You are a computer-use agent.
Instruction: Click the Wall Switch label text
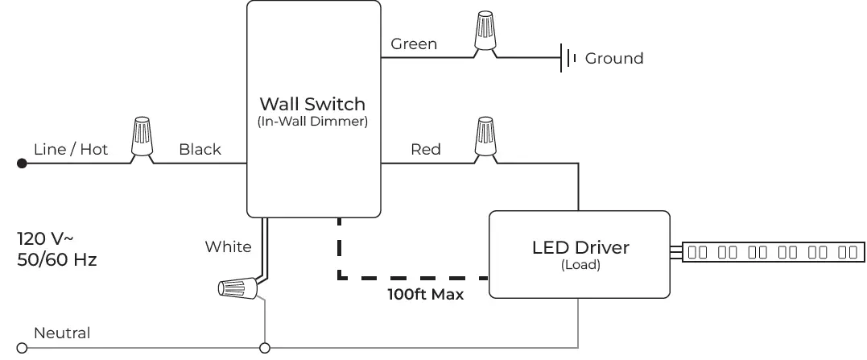coord(312,104)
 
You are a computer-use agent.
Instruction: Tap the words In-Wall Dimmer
coord(312,122)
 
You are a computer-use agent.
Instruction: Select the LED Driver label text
coord(580,247)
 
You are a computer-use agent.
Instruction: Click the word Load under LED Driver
coord(580,263)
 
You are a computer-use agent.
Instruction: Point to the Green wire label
coord(414,43)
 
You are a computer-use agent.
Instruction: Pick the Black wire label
coord(200,149)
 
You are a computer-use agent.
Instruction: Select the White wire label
coord(228,246)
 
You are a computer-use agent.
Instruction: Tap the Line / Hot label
coord(71,149)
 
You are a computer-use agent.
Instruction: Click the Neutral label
coord(61,333)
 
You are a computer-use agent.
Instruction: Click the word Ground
coord(613,58)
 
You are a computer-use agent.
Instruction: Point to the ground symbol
coord(569,58)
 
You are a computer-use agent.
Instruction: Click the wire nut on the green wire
coord(485,34)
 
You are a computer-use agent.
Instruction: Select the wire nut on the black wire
coord(142,139)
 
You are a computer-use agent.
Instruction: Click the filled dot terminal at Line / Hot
coord(23,163)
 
